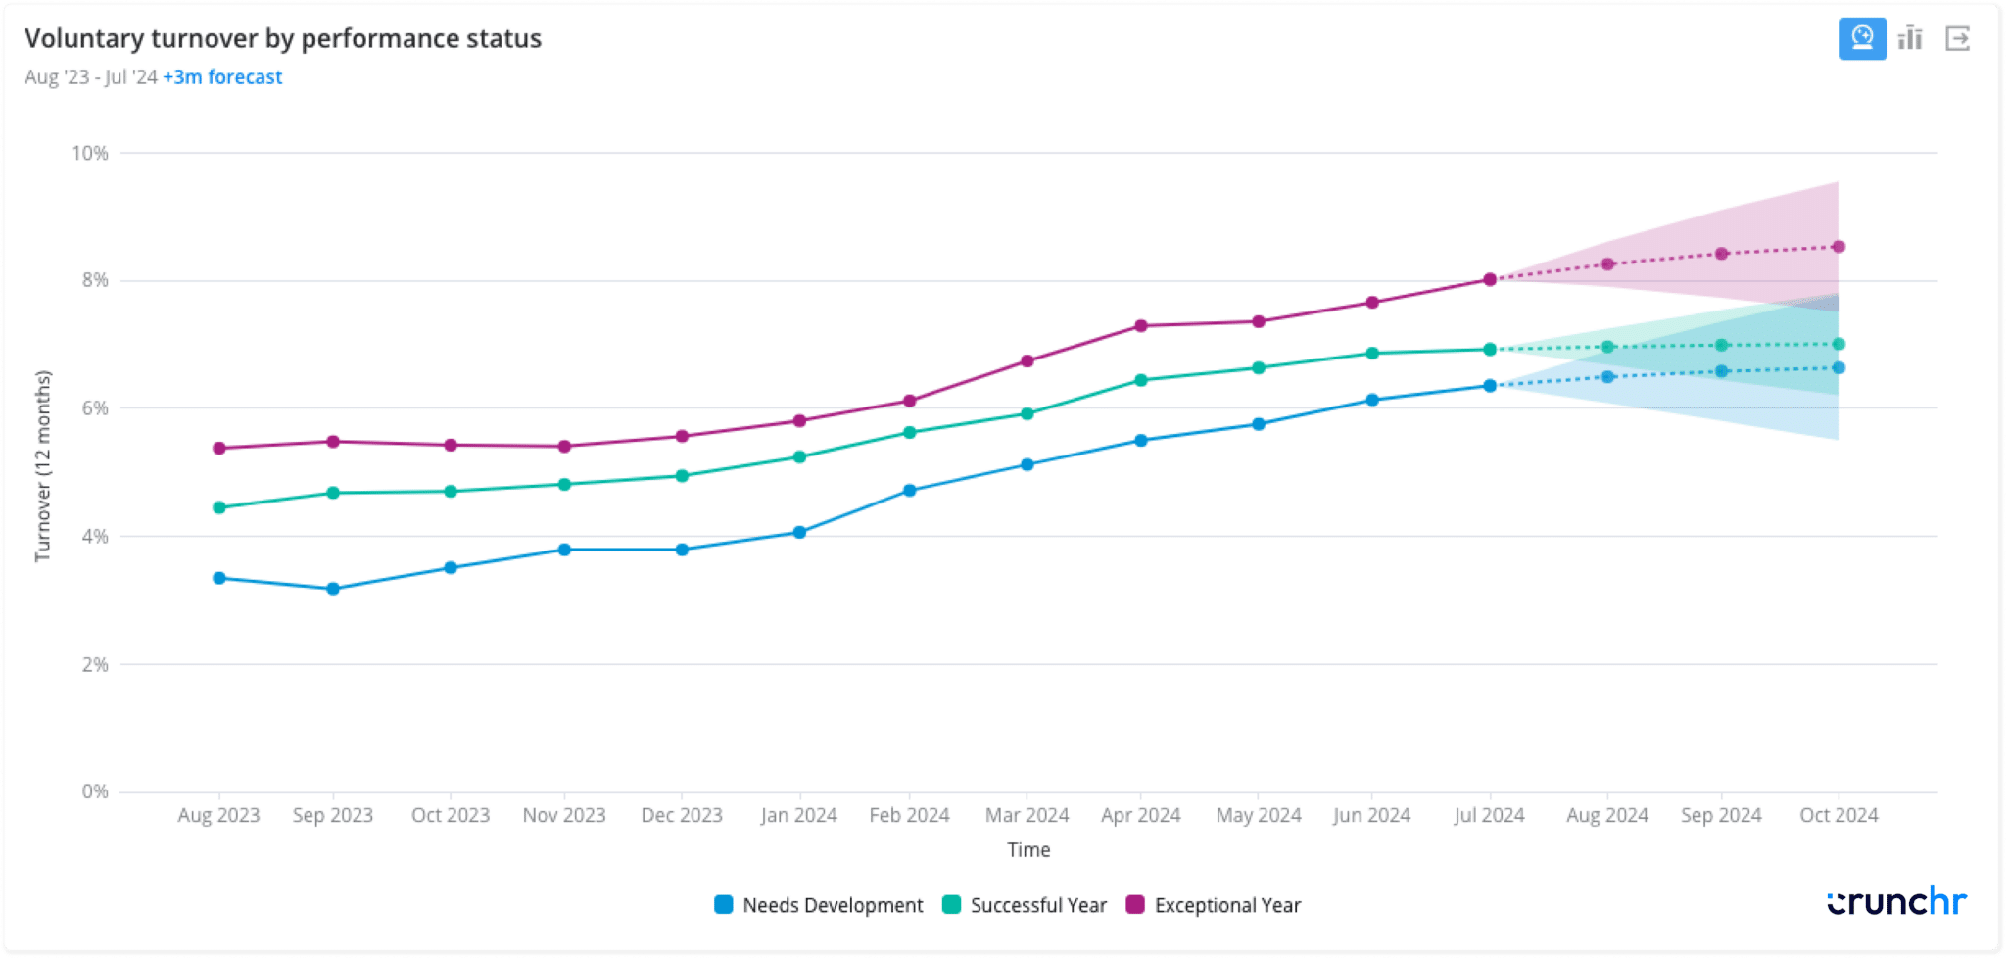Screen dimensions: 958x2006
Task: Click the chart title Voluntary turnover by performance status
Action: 282,38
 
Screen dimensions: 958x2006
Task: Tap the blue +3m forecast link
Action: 222,77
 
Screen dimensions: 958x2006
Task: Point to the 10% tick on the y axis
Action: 90,153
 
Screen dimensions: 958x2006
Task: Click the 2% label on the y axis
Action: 95,664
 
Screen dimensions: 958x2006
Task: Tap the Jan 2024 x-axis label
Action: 798,815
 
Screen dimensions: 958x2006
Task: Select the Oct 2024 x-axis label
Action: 1839,815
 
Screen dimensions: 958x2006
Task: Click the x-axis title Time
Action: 1028,850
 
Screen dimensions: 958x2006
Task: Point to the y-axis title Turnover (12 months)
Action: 42,466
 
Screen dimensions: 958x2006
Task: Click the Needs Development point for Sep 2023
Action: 333,589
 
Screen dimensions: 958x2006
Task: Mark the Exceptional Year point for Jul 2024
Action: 1490,279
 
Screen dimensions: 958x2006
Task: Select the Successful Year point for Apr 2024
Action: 1141,380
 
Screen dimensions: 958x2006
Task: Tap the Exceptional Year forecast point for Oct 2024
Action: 1839,247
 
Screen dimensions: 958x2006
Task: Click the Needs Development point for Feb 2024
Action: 910,490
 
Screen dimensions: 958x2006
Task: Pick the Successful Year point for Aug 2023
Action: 219,507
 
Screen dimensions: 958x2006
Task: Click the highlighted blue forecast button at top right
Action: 1862,39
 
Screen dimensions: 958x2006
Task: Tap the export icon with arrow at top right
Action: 1957,39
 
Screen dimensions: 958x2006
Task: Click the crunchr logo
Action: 1896,901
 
